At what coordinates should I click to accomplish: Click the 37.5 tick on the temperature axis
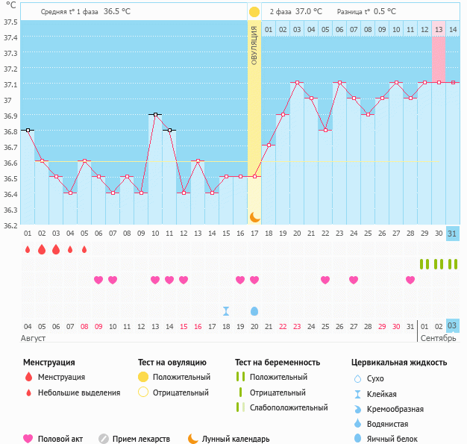pyautogui.click(x=10, y=22)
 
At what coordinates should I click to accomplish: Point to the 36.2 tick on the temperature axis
pyautogui.click(x=10, y=225)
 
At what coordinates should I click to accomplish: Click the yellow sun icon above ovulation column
pyautogui.click(x=254, y=12)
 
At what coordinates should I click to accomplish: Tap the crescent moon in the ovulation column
pyautogui.click(x=254, y=216)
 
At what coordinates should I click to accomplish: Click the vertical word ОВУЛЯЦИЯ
pyautogui.click(x=254, y=46)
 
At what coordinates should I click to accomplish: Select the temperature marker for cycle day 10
pyautogui.click(x=155, y=114)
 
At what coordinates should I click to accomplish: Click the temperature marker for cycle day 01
pyautogui.click(x=28, y=130)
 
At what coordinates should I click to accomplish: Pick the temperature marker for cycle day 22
pyautogui.click(x=325, y=130)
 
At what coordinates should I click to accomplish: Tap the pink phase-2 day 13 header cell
pyautogui.click(x=439, y=29)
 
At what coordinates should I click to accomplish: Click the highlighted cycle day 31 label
pyautogui.click(x=453, y=234)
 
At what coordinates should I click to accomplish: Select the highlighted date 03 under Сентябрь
pyautogui.click(x=453, y=325)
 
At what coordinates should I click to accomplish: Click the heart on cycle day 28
pyautogui.click(x=410, y=280)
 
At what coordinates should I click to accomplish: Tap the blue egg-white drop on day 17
pyautogui.click(x=254, y=310)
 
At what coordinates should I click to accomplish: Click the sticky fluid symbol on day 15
pyautogui.click(x=226, y=310)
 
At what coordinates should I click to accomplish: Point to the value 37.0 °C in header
pyautogui.click(x=309, y=12)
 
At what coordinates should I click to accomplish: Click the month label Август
pyautogui.click(x=34, y=338)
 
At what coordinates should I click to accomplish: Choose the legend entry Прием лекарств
pyautogui.click(x=141, y=439)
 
